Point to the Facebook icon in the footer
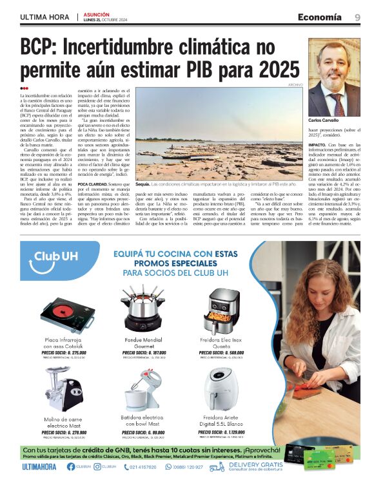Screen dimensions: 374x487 pos(70,466)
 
